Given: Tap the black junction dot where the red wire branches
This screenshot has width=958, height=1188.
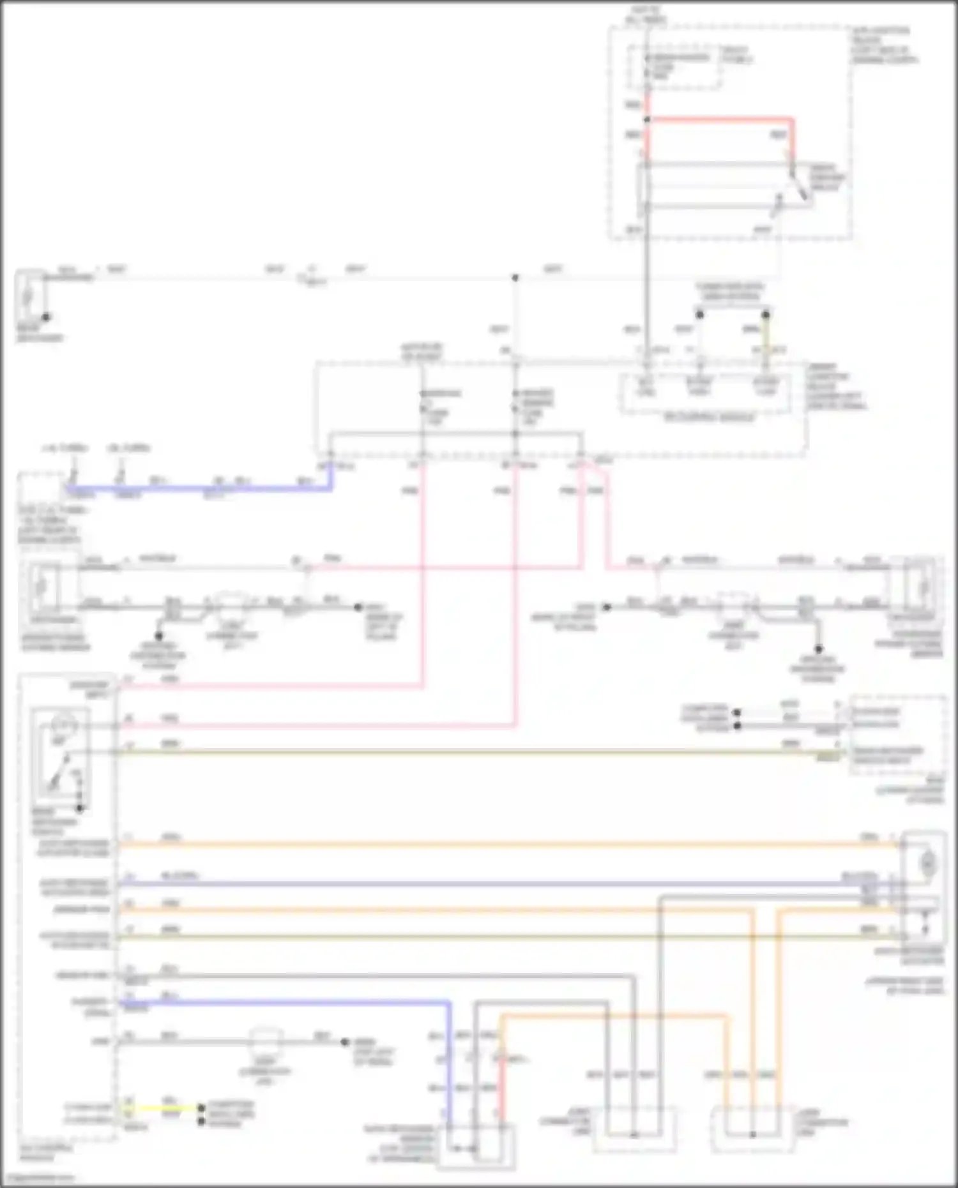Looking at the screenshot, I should point(647,119).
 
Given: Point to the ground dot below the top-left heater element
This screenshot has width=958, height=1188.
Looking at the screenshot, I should point(46,317).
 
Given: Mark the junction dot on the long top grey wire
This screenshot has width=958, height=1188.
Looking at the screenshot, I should point(515,278).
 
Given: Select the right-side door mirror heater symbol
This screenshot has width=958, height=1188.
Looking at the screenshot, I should point(922,586).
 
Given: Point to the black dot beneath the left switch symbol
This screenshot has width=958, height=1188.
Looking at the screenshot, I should point(80,809).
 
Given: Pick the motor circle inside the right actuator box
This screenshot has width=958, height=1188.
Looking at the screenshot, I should point(927,864).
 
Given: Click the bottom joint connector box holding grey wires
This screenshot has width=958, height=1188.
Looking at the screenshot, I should point(634,1130).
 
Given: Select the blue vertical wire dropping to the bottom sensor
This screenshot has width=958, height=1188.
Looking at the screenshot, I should point(450,1060).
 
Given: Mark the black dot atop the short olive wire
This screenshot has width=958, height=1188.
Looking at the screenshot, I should point(765,315).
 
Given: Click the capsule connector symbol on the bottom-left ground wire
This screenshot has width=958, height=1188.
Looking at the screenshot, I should point(264,1041).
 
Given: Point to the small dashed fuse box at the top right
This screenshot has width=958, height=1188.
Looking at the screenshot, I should point(674,66).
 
